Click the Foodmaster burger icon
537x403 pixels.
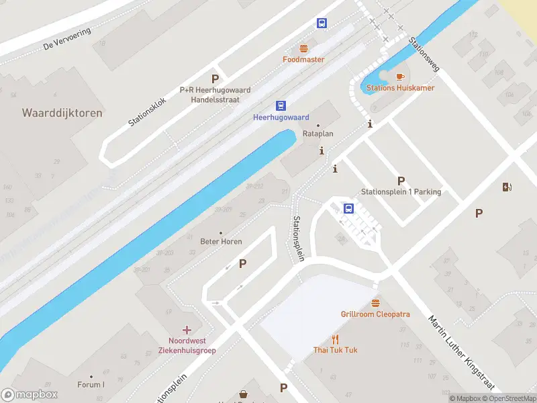point(303,48)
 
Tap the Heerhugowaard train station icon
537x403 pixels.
point(281,105)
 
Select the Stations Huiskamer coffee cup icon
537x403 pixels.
point(400,77)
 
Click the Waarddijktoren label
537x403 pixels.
point(62,113)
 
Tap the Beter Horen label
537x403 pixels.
point(221,241)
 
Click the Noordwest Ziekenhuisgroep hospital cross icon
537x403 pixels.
point(187,330)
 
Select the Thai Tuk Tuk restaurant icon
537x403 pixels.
point(336,339)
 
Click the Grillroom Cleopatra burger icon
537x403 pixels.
point(375,303)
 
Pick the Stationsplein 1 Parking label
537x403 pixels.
point(401,191)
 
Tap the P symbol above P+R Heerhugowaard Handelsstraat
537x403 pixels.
point(215,79)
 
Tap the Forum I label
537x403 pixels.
point(91,385)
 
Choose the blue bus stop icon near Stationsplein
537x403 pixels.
point(348,208)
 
